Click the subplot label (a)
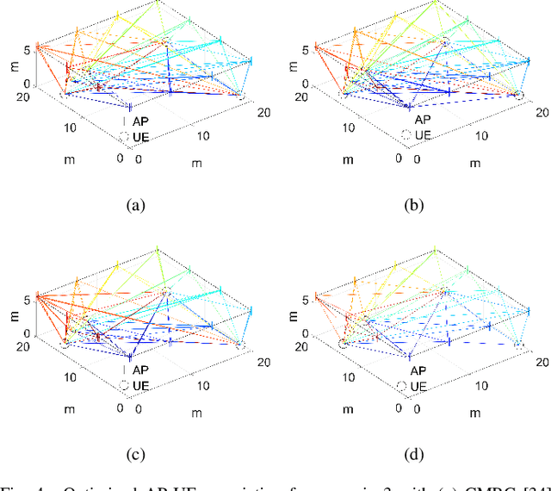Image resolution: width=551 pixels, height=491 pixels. [x=135, y=205]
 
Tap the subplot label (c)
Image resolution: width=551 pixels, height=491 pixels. [x=135, y=454]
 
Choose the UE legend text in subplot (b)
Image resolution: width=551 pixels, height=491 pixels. [x=423, y=135]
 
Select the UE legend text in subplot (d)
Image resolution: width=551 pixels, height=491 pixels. [x=423, y=385]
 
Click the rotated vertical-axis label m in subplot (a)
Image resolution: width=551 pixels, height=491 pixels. [x=9, y=67]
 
